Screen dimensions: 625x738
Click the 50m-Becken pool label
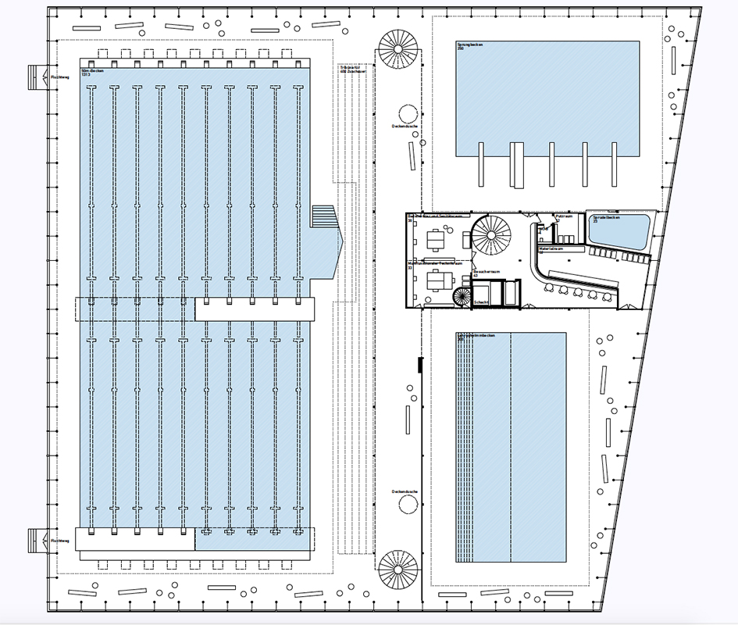pos(93,72)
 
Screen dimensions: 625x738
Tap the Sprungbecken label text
pos(471,47)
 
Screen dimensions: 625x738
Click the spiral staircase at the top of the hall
pos(397,48)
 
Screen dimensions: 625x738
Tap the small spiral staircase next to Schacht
pos(461,297)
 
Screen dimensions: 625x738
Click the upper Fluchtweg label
pos(59,77)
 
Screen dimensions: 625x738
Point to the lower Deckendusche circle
pos(408,505)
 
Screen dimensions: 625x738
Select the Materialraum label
pos(551,249)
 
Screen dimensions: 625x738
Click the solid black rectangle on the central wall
pos(420,365)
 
